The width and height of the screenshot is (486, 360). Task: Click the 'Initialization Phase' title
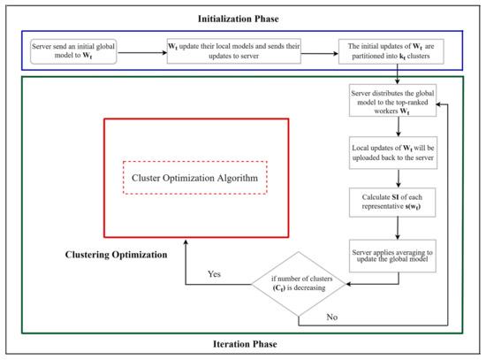[243, 17]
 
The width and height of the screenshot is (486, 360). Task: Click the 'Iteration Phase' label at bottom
[243, 345]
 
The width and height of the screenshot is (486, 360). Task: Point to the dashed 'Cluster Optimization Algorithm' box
[194, 177]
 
